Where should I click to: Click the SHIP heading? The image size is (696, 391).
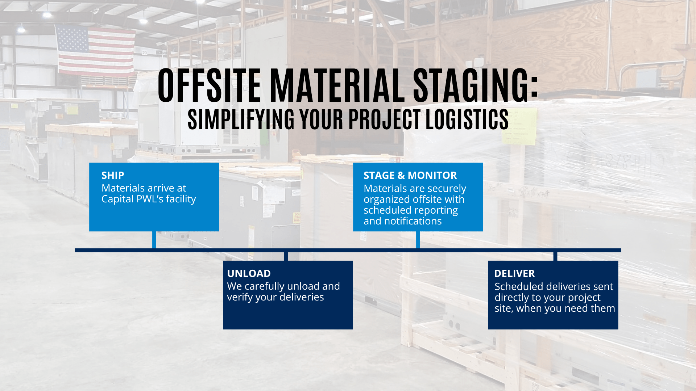pos(113,176)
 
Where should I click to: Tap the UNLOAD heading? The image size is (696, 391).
pos(249,274)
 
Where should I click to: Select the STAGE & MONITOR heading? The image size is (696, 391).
pos(410,176)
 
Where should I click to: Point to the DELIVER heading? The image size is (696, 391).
pos(514,274)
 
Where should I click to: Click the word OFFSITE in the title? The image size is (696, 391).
pos(210,86)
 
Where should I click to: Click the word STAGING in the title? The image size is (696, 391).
pos(476,86)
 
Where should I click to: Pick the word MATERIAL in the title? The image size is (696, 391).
pos(337,86)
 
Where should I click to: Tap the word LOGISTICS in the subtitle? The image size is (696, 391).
pos(467,119)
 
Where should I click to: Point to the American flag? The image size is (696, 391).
pos(96,51)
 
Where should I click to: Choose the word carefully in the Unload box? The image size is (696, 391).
pos(264,287)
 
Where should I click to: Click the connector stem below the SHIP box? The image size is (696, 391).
pos(154,240)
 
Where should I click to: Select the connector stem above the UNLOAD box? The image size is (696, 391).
pos(286,256)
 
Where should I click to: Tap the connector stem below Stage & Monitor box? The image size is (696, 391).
pos(418,240)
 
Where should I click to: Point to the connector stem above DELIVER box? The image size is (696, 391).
pos(555,256)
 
